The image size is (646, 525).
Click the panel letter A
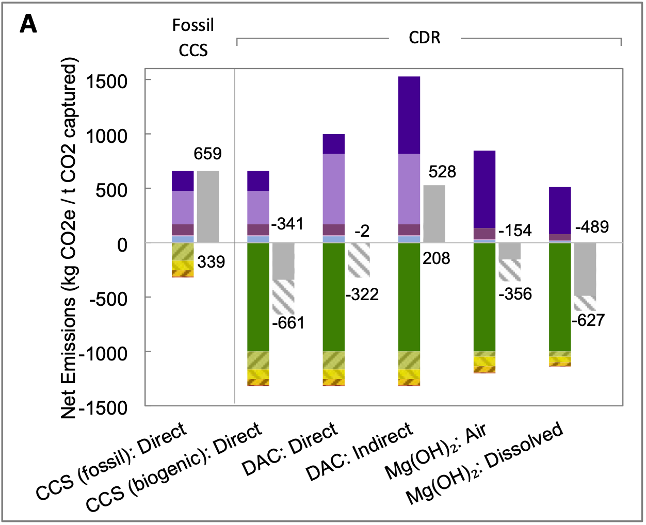click(x=28, y=24)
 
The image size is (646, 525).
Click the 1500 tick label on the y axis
click(x=107, y=81)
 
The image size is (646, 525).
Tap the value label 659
click(x=207, y=153)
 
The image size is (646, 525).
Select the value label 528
click(x=442, y=172)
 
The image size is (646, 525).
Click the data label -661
click(x=288, y=323)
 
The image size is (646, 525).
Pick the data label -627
click(x=588, y=320)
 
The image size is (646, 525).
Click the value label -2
click(x=362, y=231)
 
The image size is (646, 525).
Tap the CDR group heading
click(x=425, y=38)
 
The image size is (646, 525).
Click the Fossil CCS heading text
click(x=193, y=38)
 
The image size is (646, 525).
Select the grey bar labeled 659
click(x=208, y=206)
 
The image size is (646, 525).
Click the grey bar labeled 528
click(x=434, y=214)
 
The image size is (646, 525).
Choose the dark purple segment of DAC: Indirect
click(x=409, y=115)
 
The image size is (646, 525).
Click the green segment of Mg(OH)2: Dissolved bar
click(x=560, y=297)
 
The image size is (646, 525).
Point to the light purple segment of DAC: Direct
click(x=334, y=189)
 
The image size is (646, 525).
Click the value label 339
click(x=211, y=262)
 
